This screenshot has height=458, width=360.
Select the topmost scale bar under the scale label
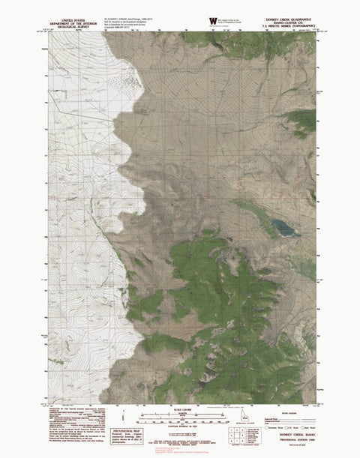181,415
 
